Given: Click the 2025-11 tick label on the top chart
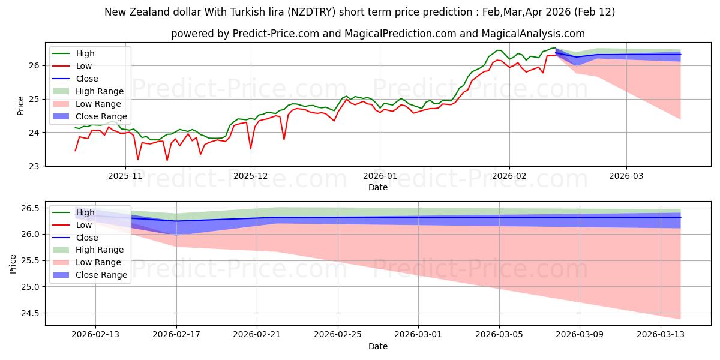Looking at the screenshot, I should point(125,176).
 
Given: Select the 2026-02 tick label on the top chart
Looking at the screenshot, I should point(509,176).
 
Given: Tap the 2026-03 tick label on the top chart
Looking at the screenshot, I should point(626,176).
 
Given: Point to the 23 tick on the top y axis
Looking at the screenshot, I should point(35,166).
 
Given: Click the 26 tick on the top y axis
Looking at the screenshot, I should point(35,65).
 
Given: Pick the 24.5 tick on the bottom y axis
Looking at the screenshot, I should point(31,313).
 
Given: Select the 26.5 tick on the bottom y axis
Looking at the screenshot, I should point(31,208).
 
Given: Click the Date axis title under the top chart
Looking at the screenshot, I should point(378,187).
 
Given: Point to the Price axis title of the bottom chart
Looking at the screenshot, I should point(13,263).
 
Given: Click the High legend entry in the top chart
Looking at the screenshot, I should point(85,53).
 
